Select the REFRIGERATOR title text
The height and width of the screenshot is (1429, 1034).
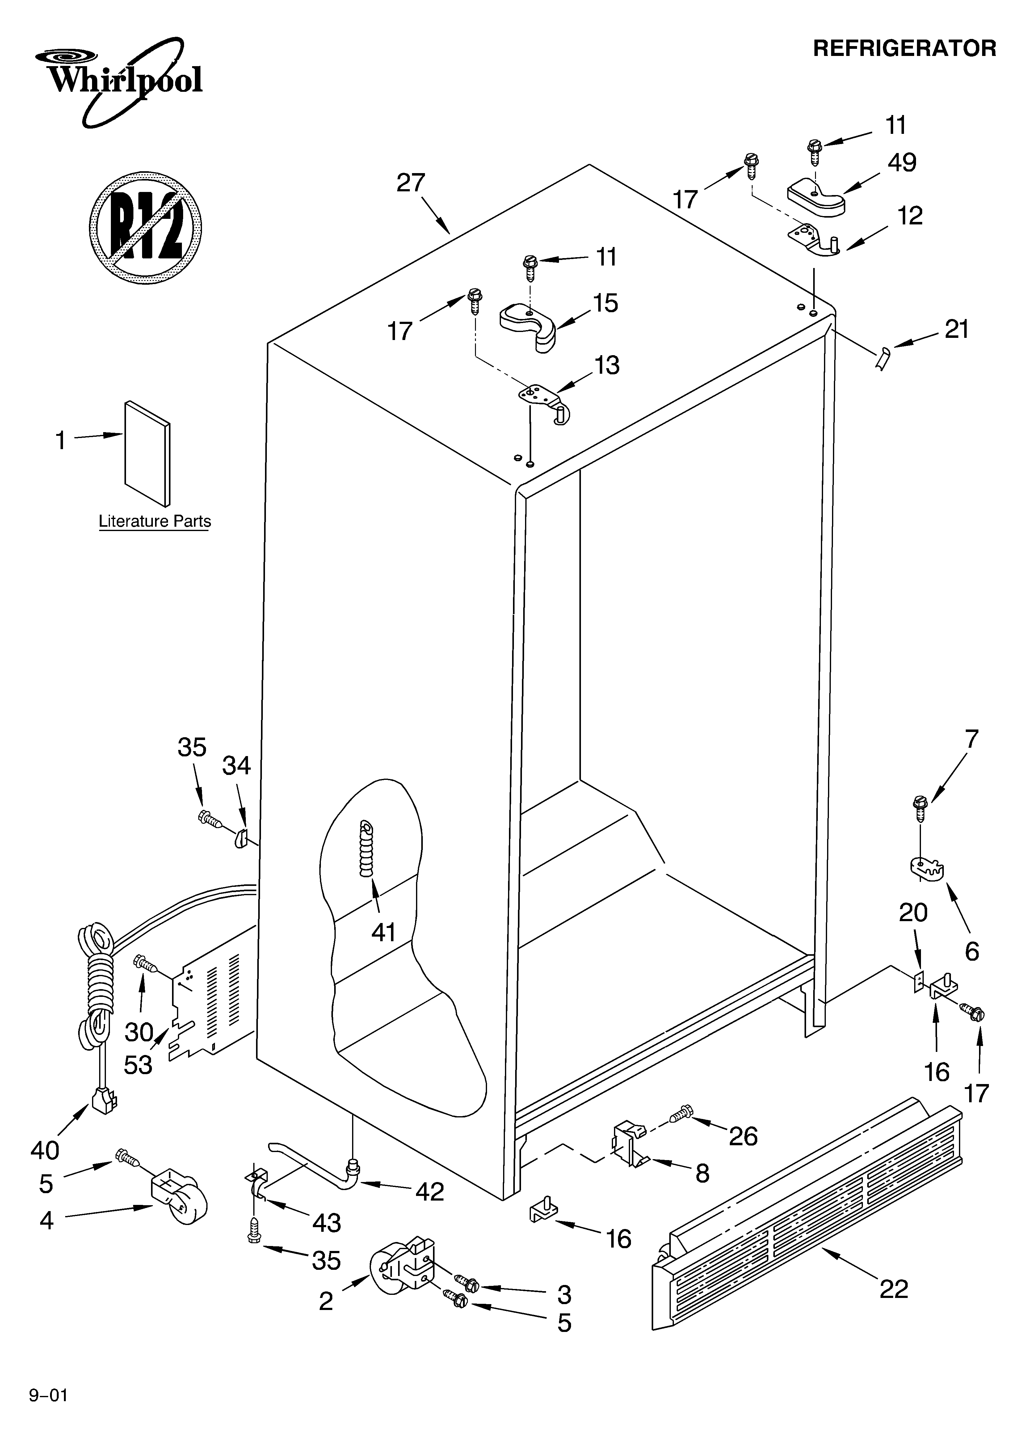click(x=904, y=49)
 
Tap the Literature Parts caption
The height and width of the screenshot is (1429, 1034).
click(x=154, y=522)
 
